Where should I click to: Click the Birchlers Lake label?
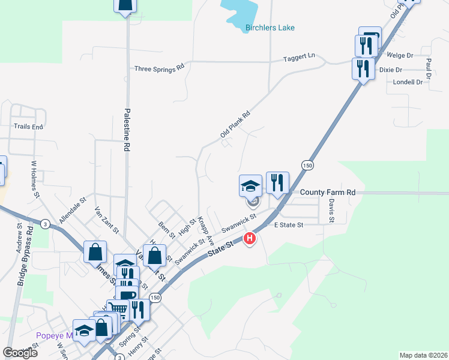tap(270, 28)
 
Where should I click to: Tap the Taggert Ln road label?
tap(299, 56)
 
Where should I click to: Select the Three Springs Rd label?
tap(159, 68)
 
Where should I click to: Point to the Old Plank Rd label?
tap(235, 124)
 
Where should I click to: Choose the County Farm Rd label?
tap(328, 193)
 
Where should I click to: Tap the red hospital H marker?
tap(250, 239)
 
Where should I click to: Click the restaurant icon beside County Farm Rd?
tap(277, 182)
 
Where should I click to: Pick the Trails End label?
tap(29, 127)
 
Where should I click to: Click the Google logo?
tap(20, 352)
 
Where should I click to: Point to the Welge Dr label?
tap(400, 55)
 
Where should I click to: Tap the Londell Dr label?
tap(408, 82)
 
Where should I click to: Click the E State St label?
tap(289, 224)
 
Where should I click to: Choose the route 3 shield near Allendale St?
tap(45, 224)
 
